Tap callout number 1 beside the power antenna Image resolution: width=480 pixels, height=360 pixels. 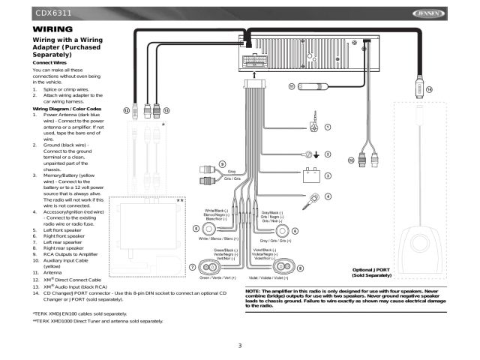[x=328, y=127]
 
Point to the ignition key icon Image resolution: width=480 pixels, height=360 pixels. [x=310, y=199]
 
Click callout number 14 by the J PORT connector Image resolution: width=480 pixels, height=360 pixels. [x=429, y=89]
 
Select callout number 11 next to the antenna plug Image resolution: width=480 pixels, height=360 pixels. [x=292, y=88]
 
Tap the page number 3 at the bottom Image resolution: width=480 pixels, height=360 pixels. [x=240, y=346]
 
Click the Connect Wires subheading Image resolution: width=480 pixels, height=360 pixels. [x=46, y=62]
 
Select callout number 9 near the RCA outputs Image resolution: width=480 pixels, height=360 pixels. [x=223, y=164]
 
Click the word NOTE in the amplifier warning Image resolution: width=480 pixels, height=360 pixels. [x=253, y=290]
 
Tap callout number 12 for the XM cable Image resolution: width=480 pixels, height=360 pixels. [x=127, y=110]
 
